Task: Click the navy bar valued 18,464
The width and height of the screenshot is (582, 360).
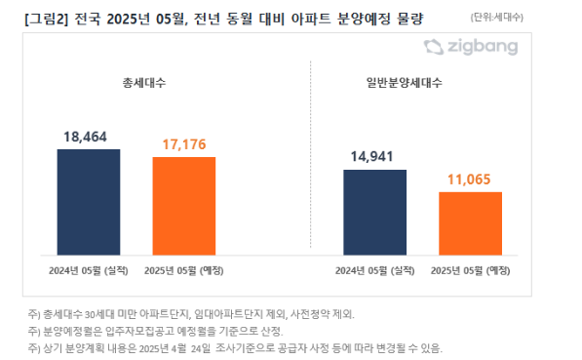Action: [x=89, y=198]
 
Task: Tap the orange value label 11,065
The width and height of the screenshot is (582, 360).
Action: [x=470, y=181]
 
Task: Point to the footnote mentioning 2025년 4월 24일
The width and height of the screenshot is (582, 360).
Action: [x=234, y=347]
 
